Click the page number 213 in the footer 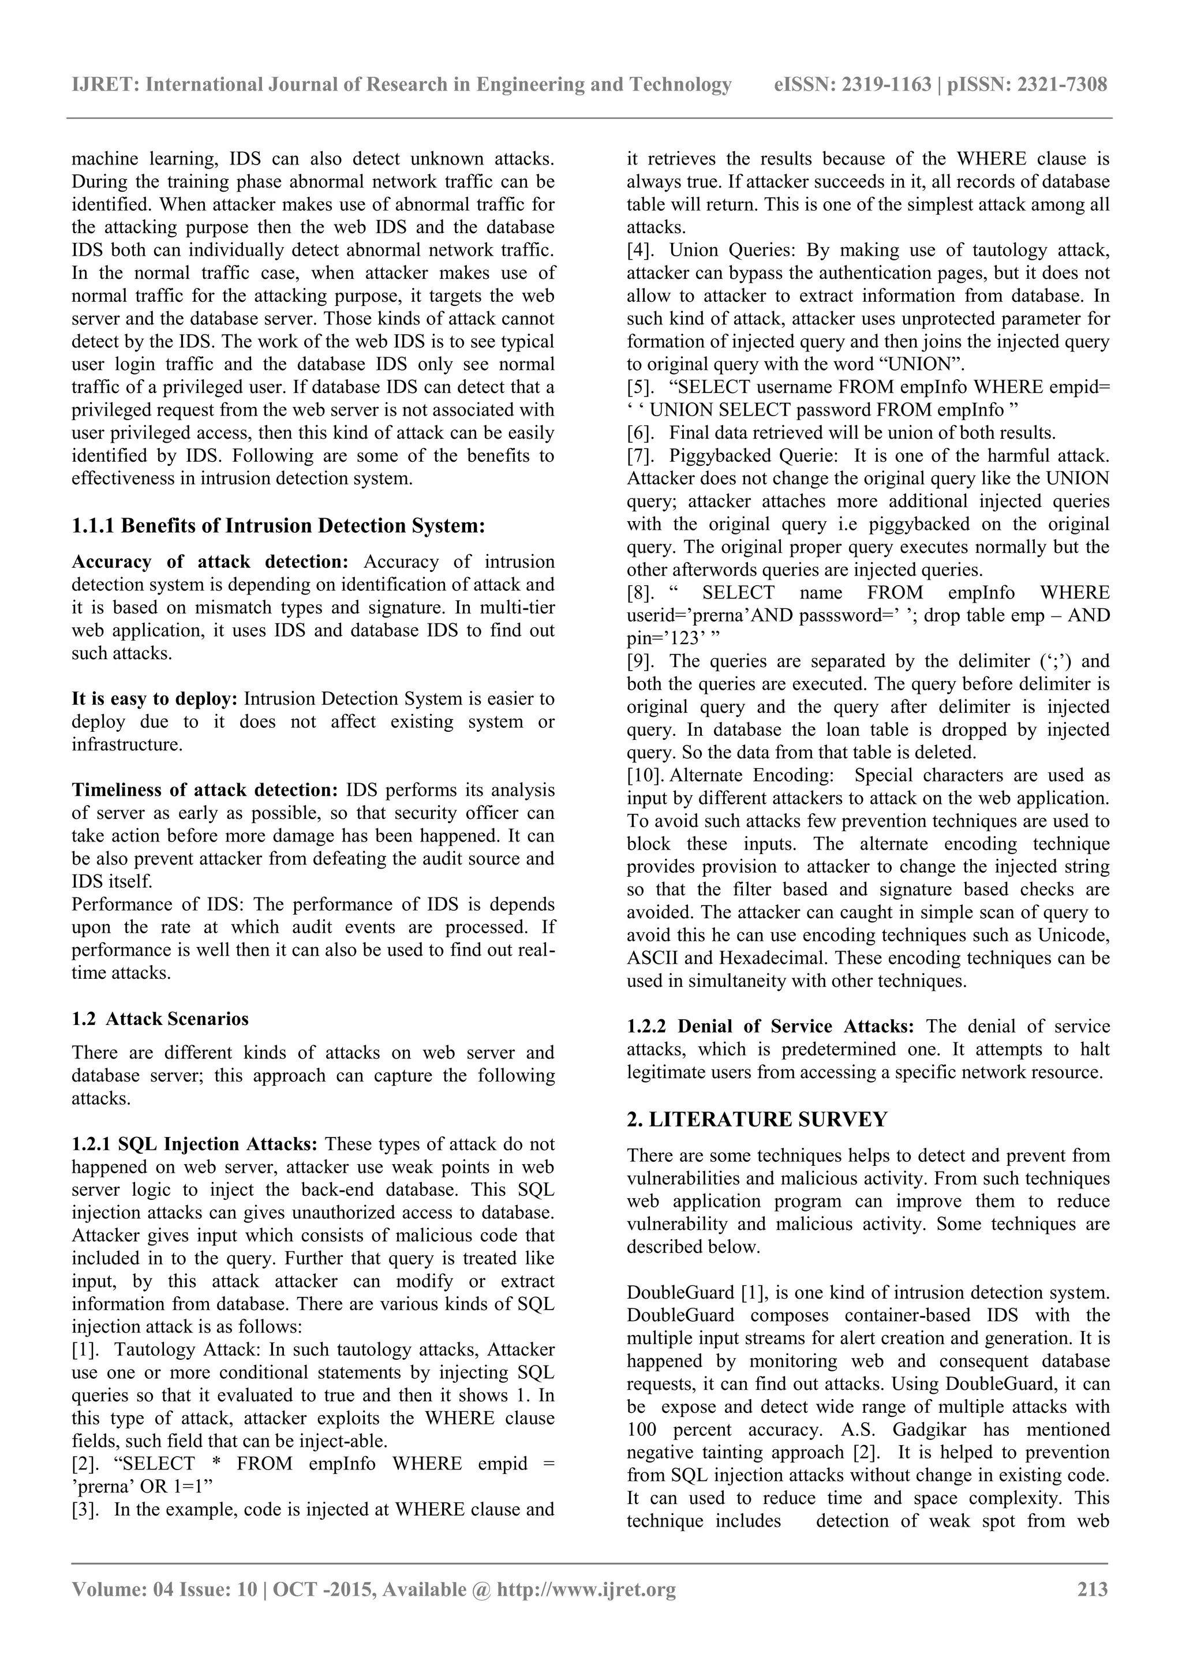pos(1092,1588)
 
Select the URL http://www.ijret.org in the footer pos(586,1588)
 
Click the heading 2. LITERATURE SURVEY pos(757,1119)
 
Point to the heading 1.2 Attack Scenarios pos(160,1018)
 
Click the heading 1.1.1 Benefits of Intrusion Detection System pos(278,525)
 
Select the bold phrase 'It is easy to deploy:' pos(155,699)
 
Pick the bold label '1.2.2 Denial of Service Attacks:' pos(770,1027)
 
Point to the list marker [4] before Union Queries pos(639,250)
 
